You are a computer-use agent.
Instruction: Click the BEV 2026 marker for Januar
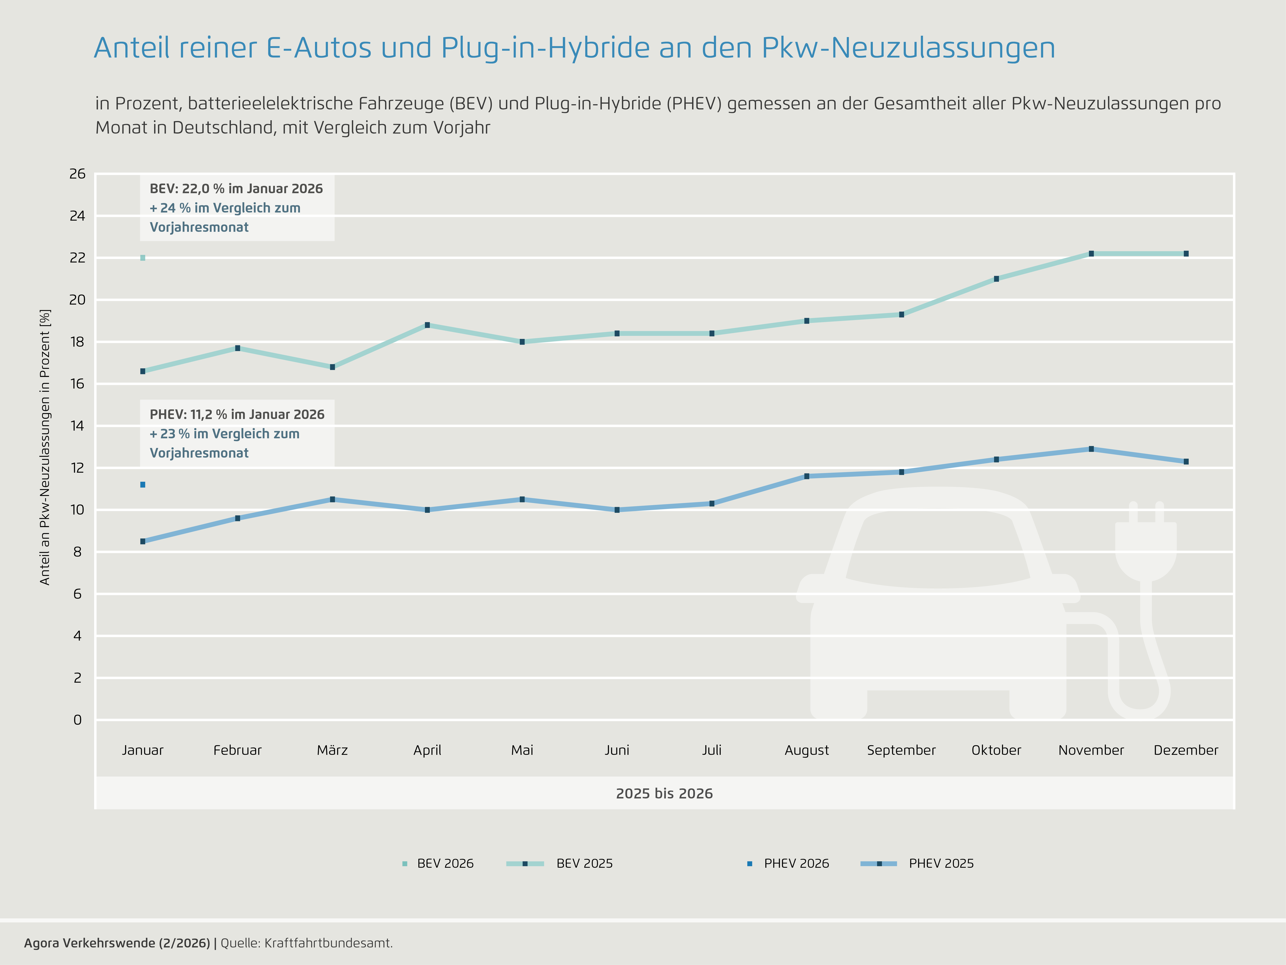143,258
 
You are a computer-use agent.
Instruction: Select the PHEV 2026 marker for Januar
143,485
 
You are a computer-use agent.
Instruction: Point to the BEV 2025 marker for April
427,325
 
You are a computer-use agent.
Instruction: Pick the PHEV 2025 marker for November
1091,449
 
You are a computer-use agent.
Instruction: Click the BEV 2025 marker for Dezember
1186,254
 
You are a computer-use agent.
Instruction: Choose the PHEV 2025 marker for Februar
238,518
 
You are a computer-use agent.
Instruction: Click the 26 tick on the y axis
77,174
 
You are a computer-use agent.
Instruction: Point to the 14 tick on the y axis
77,426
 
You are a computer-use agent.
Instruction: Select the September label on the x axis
901,750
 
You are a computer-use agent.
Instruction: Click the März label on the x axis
333,750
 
